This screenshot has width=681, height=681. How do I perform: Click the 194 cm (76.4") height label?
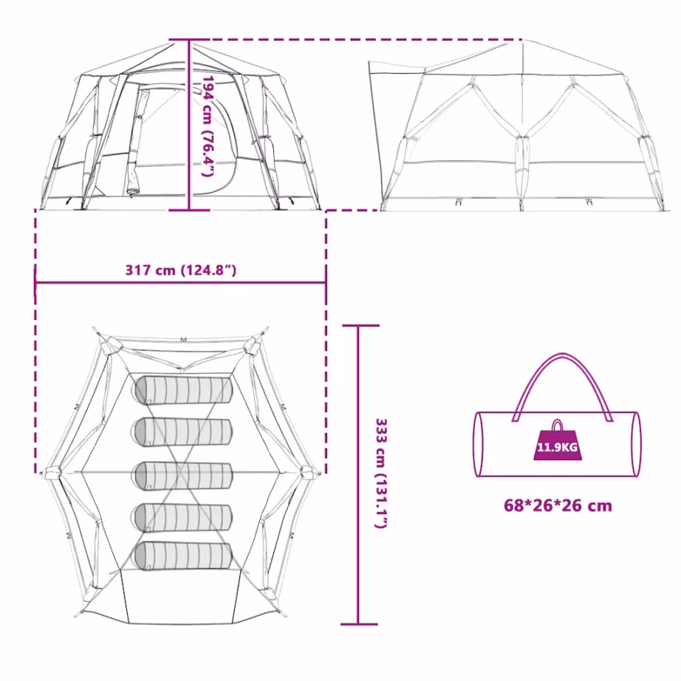(x=208, y=126)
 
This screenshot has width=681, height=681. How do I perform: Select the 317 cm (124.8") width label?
(x=181, y=270)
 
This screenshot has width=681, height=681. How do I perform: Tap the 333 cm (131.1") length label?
(x=381, y=473)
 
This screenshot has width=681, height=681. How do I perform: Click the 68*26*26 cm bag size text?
(x=558, y=505)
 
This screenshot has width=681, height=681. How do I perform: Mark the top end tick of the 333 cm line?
(x=360, y=325)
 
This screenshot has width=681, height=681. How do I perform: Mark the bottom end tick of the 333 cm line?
(x=359, y=624)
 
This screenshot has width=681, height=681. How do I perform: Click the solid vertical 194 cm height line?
(x=189, y=125)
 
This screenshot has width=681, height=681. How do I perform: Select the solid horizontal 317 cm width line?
(x=181, y=283)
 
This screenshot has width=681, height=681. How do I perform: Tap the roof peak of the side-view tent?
(x=523, y=41)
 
